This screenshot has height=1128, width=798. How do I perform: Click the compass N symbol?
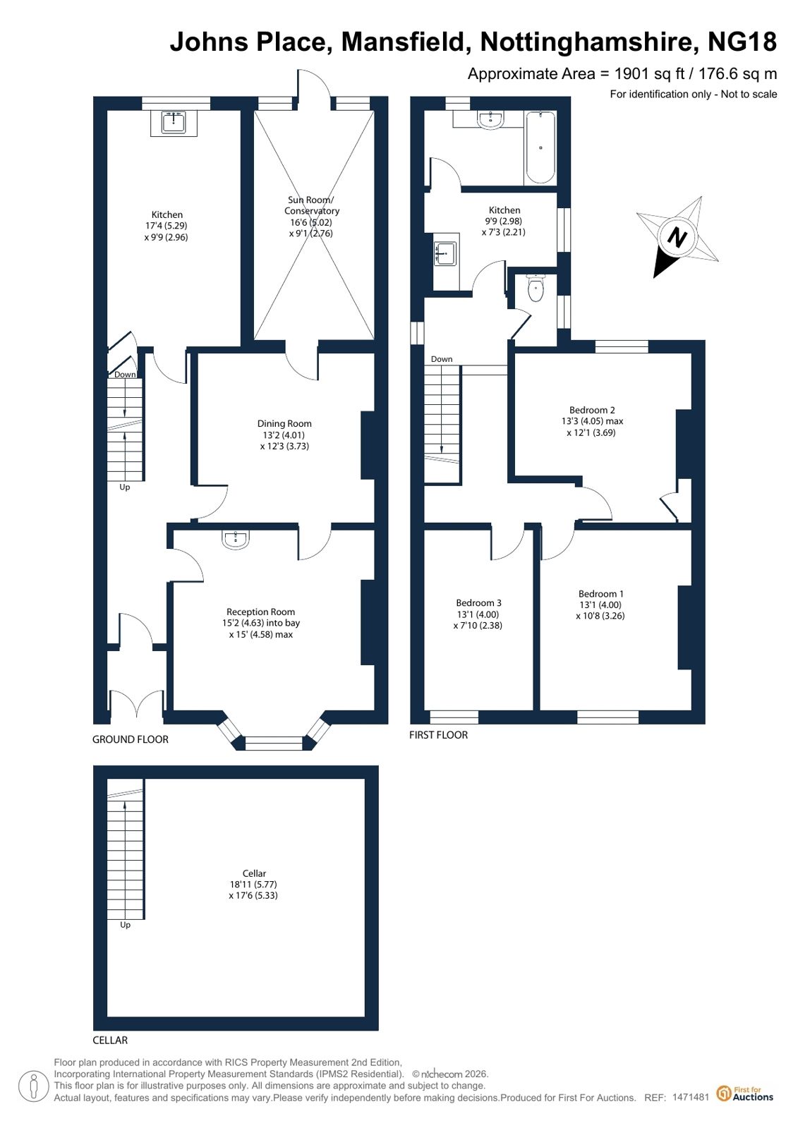(x=677, y=237)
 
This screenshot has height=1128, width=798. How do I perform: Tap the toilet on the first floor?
(x=536, y=288)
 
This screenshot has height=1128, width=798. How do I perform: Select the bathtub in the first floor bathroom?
(x=540, y=147)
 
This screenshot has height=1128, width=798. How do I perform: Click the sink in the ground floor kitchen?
(x=174, y=122)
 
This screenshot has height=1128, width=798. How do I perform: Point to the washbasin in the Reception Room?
(x=235, y=540)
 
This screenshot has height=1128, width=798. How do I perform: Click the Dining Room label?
(x=284, y=423)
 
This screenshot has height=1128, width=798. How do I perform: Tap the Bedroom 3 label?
(x=478, y=602)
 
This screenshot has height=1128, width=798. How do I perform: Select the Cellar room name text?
(x=254, y=873)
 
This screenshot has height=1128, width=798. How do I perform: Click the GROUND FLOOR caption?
(x=131, y=739)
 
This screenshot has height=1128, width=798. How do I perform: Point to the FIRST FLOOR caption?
(x=438, y=734)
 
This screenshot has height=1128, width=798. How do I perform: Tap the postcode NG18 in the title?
(x=742, y=42)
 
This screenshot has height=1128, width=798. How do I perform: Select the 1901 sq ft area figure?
(x=649, y=74)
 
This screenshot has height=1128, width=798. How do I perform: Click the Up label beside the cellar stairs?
(x=125, y=925)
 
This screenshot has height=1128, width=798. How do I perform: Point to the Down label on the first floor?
(x=441, y=359)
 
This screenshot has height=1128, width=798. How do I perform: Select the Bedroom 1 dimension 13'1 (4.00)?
(x=600, y=605)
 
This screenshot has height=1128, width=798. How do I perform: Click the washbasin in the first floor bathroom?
(x=490, y=120)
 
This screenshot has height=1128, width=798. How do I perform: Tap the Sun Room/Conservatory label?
(x=311, y=205)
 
